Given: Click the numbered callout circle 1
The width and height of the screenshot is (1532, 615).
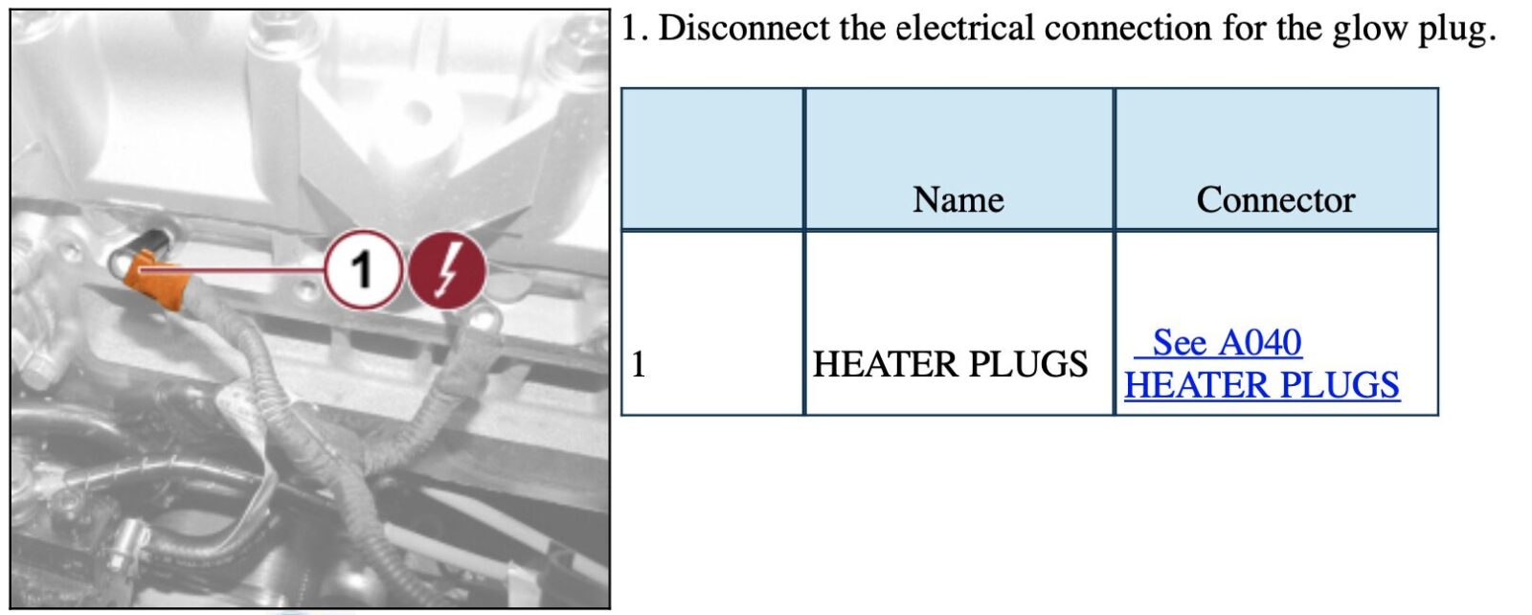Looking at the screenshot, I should point(362,269).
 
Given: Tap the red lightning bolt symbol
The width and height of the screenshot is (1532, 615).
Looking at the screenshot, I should point(447,269).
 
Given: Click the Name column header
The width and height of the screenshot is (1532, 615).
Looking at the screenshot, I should point(958,199).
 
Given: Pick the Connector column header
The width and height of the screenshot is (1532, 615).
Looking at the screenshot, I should point(1275,199).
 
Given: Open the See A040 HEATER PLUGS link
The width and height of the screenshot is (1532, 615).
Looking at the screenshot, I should point(1261,364).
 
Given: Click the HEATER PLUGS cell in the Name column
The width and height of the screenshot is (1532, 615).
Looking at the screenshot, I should point(950,364).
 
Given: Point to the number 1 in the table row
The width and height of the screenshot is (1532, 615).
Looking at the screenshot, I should point(639,364).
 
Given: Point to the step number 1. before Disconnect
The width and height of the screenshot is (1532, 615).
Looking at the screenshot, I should point(634,28).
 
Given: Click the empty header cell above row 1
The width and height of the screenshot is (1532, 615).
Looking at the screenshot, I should point(712,159).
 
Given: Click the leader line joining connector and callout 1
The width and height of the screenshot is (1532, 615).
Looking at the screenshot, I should point(239,270).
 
